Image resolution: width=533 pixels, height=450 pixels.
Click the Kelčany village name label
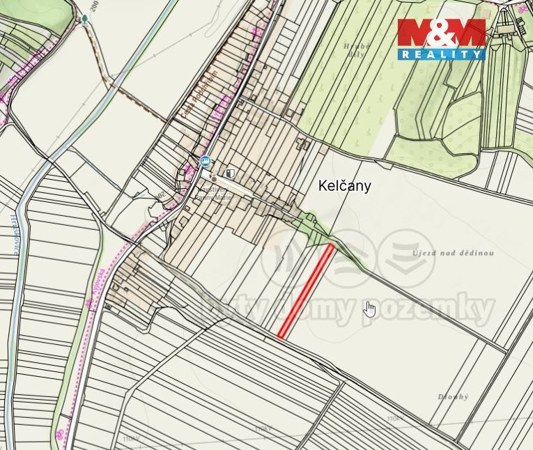click(344, 186)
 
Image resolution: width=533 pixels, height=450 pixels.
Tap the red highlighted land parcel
click(307, 290)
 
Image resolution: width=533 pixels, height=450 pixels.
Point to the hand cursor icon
click(369, 309)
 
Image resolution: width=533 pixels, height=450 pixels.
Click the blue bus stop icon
click(205, 161)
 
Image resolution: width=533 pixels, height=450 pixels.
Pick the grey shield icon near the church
click(231, 173)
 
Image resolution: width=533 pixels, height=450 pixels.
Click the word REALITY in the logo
click(441, 54)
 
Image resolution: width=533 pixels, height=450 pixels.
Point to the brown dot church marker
click(214, 178)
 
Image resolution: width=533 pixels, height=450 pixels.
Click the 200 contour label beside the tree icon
click(95, 9)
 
